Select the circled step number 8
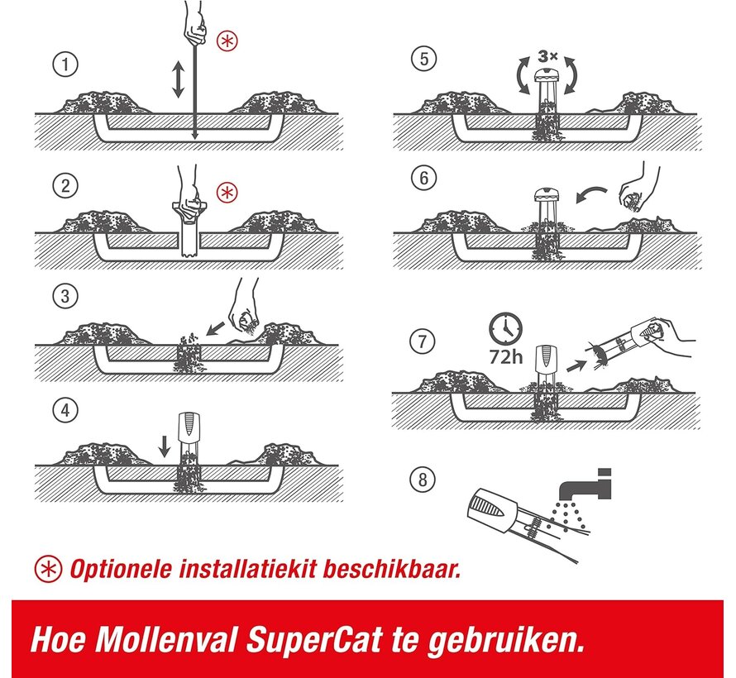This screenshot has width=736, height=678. (x=423, y=479)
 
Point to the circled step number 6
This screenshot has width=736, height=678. (x=423, y=179)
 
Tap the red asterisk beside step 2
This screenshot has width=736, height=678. (x=227, y=193)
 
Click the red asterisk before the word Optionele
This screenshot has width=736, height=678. (x=49, y=569)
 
